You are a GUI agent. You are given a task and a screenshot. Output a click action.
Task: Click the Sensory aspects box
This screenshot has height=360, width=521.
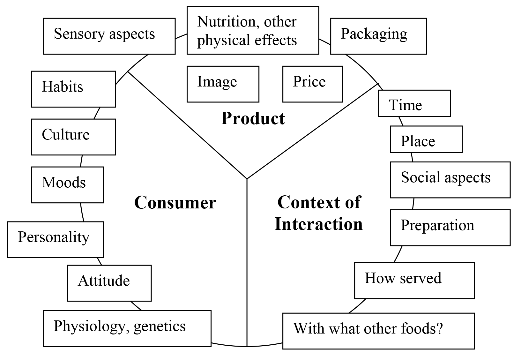pos(109,36)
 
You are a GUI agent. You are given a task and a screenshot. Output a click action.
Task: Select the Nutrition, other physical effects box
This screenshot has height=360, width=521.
pos(253,30)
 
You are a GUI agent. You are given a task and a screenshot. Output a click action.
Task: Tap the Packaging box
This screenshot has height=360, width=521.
pos(378,36)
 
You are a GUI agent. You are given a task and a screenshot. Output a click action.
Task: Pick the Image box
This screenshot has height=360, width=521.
pos(223,84)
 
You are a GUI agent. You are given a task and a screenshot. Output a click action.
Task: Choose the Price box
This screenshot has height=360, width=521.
pos(313,84)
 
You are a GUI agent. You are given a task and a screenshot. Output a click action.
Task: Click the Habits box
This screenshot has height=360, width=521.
pos(73,89)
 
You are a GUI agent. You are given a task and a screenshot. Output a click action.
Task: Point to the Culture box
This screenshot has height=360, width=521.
pos(73,137)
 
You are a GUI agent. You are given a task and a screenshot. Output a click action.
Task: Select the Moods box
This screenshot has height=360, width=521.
pos(67,185)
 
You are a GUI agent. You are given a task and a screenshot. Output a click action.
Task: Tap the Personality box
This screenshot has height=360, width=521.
pos(55,240)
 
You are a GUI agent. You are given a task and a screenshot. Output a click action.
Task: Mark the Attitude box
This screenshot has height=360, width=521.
pos(109,283)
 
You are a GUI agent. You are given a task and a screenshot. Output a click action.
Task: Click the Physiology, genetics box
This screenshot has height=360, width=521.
pos(127,328)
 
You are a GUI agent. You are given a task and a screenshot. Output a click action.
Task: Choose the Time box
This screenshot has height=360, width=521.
pos(414,103)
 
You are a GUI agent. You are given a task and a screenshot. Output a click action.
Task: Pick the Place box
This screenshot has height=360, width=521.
pos(426,139)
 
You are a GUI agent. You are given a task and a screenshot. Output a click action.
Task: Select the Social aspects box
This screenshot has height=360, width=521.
pos(450,180)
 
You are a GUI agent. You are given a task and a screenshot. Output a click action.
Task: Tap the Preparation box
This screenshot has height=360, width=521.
pos(450,228)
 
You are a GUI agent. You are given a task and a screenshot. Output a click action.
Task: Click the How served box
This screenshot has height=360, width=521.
pos(414,281)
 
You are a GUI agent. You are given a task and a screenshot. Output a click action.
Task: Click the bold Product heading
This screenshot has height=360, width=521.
pos(253,118)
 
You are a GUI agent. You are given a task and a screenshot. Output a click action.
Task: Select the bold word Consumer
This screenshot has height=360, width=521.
pos(175,203)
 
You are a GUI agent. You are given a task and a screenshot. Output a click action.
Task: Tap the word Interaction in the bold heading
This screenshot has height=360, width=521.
pos(319,224)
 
